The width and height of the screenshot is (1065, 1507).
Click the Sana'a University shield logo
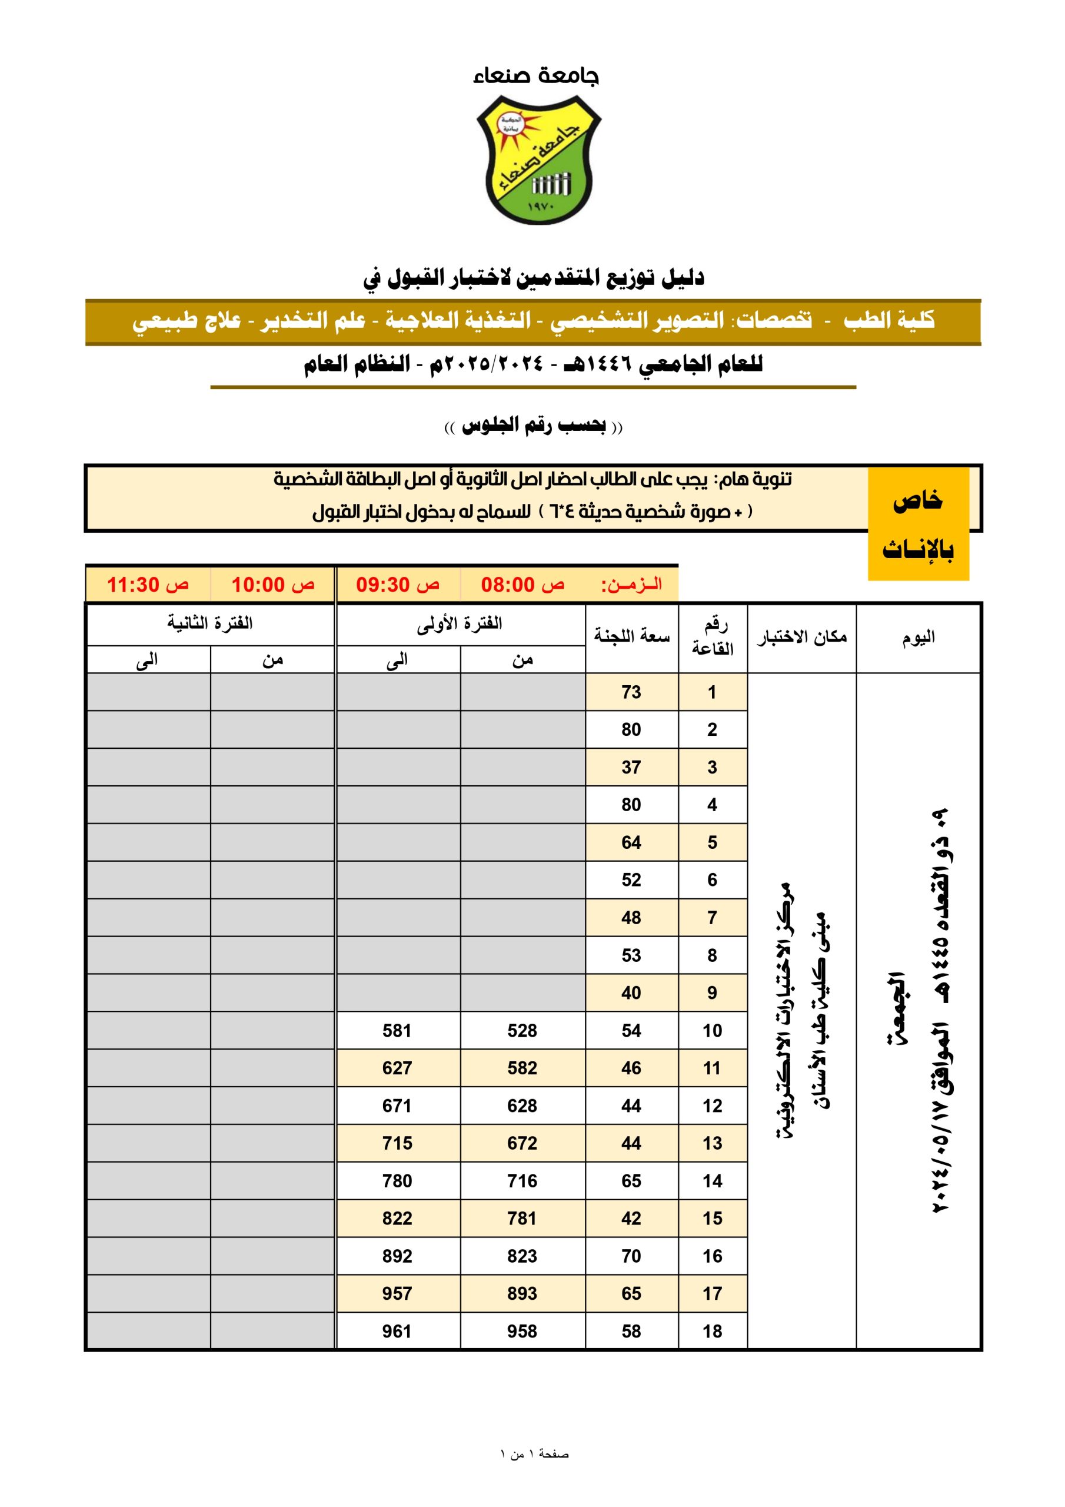[537, 160]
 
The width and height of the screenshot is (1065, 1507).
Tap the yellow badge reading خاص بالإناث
[917, 523]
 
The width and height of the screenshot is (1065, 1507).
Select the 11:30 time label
[148, 584]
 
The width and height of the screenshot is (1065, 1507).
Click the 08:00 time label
[522, 584]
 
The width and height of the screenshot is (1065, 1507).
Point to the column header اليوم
[918, 638]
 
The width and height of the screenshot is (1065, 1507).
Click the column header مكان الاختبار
[801, 638]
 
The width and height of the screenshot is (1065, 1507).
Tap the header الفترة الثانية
[210, 623]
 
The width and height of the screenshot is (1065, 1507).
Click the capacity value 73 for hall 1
[631, 692]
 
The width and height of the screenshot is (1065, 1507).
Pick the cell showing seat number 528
[522, 1031]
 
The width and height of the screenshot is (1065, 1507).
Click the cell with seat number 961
[397, 1331]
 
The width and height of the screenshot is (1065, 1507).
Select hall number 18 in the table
[712, 1331]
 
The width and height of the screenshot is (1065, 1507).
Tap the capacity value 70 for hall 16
[631, 1256]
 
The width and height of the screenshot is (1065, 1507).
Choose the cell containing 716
[522, 1181]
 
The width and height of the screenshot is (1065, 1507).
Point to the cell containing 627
[397, 1068]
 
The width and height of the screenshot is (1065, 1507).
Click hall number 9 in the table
[712, 993]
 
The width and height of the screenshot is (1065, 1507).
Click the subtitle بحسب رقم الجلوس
[534, 427]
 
